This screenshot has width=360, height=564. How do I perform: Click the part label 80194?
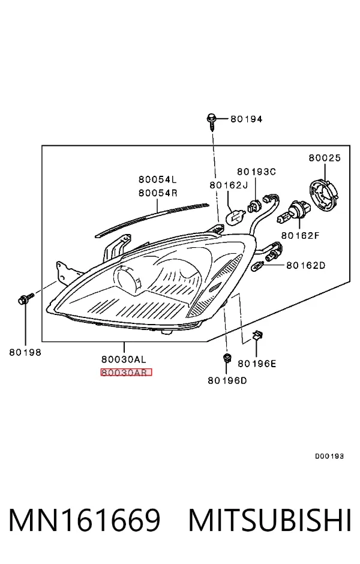[247, 119]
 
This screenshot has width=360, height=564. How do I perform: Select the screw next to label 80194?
[211, 122]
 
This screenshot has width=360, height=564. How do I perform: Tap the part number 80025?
[325, 158]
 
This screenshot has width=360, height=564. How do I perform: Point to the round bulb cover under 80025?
[325, 196]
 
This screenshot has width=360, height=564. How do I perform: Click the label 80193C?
[256, 172]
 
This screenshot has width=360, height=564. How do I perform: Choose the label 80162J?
[229, 185]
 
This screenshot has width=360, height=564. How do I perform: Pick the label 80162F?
[300, 236]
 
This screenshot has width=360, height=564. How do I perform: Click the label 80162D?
[305, 265]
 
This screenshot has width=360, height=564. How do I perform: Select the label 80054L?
[158, 179]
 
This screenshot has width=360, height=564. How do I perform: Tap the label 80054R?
[158, 193]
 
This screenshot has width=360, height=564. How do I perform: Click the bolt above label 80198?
[25, 299]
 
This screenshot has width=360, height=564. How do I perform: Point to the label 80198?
[25, 353]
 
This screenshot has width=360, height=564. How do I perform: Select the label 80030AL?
[124, 359]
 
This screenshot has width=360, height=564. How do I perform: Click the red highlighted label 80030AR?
[126, 372]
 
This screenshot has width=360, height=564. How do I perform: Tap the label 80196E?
[257, 364]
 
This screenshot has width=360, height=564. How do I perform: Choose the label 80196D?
[227, 380]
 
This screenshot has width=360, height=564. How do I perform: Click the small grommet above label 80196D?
[227, 358]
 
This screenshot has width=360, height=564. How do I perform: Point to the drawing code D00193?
[329, 457]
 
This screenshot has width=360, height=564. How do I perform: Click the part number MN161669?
[84, 520]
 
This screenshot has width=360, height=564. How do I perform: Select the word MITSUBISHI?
[270, 520]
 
